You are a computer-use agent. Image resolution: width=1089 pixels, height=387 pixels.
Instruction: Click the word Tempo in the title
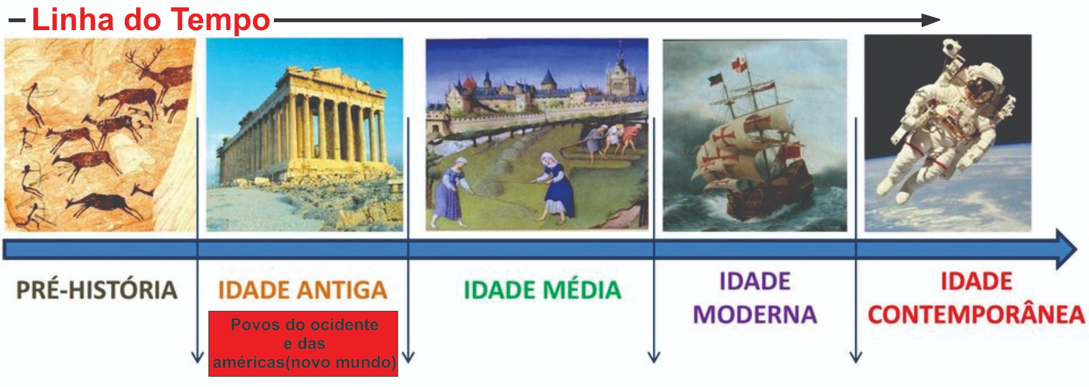tap(220, 20)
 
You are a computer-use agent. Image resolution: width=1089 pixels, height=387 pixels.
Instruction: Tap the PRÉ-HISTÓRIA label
tap(96, 289)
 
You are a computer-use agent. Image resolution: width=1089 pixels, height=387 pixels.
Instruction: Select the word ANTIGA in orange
tap(345, 290)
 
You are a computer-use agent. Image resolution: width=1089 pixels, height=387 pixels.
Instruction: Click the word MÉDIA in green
tap(582, 290)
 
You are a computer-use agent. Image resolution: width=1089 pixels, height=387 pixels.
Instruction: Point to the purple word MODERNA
tap(755, 314)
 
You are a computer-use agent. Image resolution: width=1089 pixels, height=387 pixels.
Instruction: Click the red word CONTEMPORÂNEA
tap(976, 314)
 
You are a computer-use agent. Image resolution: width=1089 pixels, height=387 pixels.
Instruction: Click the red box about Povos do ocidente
tap(303, 344)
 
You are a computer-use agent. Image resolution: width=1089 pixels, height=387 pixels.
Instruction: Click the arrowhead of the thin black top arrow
tap(931, 20)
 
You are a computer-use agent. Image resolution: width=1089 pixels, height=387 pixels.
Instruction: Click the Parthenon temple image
tap(305, 134)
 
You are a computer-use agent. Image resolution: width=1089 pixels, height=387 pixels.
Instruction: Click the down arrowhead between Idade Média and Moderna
tap(653, 357)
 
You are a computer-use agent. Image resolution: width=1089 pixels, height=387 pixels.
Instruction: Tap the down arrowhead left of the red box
tap(197, 357)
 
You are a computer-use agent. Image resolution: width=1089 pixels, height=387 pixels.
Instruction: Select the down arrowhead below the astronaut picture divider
tap(856, 357)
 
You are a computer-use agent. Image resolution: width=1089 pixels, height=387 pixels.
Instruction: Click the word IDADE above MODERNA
tap(755, 281)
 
